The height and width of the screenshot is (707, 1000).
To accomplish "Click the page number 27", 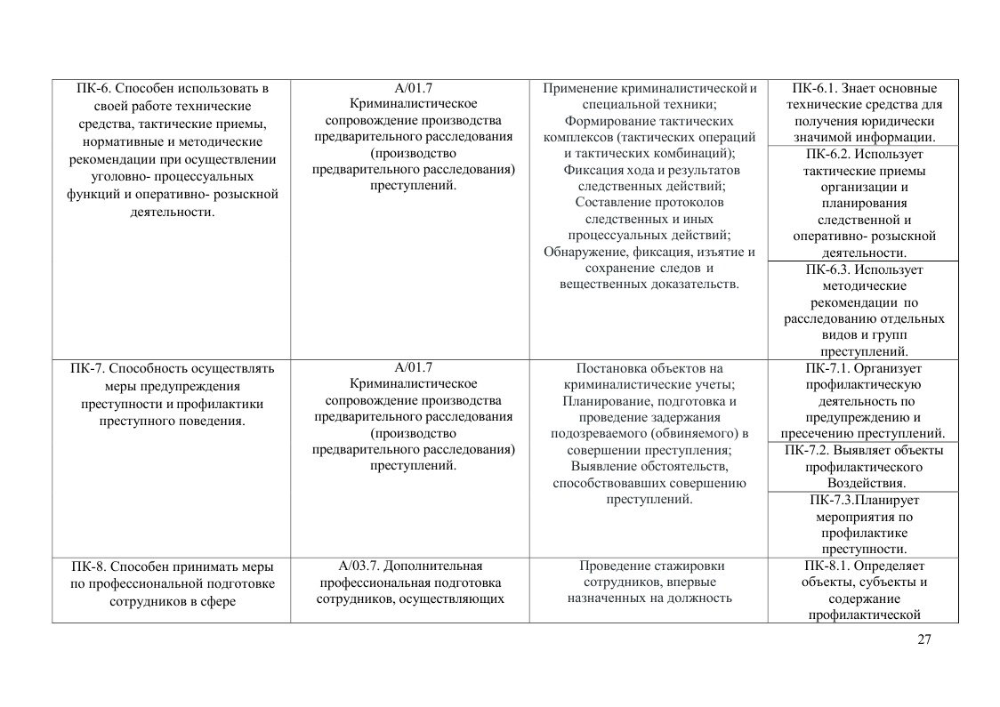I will pos(924,640).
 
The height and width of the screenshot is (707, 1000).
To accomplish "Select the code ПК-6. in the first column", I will pos(94,89).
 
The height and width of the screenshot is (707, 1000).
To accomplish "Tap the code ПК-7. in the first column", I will pos(87,368).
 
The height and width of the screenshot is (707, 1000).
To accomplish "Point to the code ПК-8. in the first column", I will pos(89,566).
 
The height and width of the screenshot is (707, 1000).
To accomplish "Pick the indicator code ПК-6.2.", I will pos(826,154).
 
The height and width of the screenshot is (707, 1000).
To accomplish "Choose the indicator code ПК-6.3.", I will pos(827,269).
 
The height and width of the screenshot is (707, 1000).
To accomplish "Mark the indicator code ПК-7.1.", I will pos(827,368).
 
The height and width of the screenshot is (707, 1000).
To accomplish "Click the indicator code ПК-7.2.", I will pos(806,450).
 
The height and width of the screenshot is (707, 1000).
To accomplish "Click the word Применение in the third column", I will pos(578,89).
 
